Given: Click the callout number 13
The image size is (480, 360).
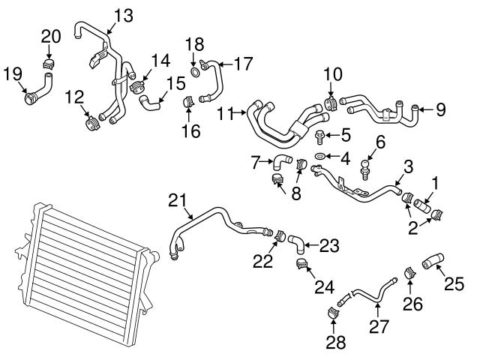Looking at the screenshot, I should tap(121, 14).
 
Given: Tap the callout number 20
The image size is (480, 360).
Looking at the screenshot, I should tap(50, 36).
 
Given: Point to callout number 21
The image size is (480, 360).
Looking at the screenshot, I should tap(176, 200).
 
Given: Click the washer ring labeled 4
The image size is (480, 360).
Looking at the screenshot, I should tap(319, 156).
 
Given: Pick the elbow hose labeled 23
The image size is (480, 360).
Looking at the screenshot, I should tap(298, 240).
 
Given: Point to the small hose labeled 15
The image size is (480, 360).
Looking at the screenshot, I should tap(154, 98).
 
